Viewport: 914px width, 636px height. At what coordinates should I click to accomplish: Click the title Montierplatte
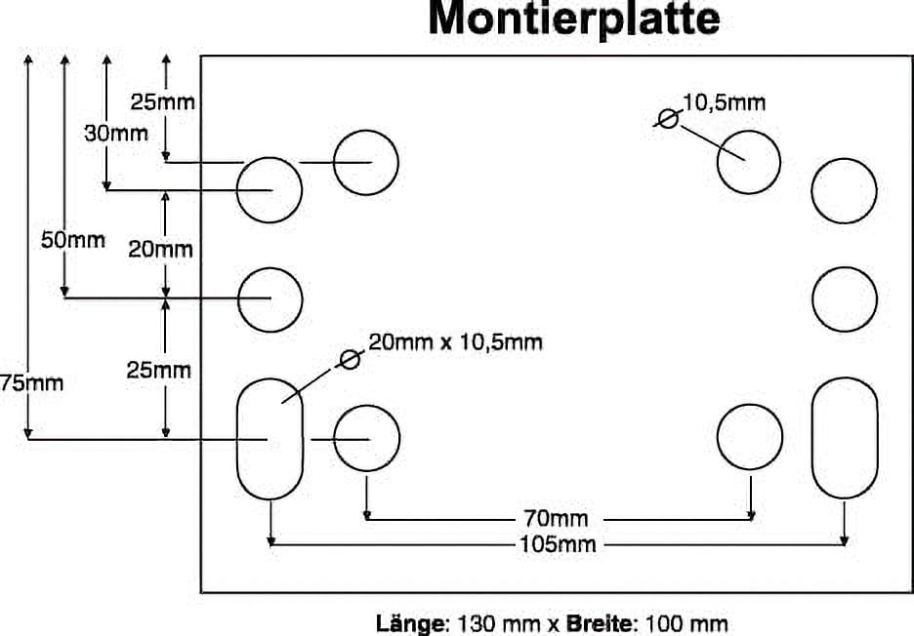(574, 20)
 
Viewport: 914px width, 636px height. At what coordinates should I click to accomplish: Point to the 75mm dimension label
(31, 383)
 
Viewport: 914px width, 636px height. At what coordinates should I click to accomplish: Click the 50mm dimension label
(72, 240)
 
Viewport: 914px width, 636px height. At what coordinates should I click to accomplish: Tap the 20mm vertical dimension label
(160, 250)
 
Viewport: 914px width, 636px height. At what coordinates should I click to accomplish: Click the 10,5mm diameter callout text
(724, 102)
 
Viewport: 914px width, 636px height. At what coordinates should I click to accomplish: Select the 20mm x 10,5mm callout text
(455, 342)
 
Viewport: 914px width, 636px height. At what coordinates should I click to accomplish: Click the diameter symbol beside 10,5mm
(667, 119)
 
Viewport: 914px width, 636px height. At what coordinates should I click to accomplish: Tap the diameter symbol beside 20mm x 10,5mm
(349, 359)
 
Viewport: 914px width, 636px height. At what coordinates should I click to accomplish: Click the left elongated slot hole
(270, 439)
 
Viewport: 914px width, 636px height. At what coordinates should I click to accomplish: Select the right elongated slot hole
(844, 439)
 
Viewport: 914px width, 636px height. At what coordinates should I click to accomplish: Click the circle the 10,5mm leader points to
(748, 161)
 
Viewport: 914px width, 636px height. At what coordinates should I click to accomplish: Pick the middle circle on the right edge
(844, 297)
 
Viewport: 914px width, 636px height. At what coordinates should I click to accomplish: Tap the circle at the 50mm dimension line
(270, 298)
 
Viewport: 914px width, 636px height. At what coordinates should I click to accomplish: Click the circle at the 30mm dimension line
(269, 189)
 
